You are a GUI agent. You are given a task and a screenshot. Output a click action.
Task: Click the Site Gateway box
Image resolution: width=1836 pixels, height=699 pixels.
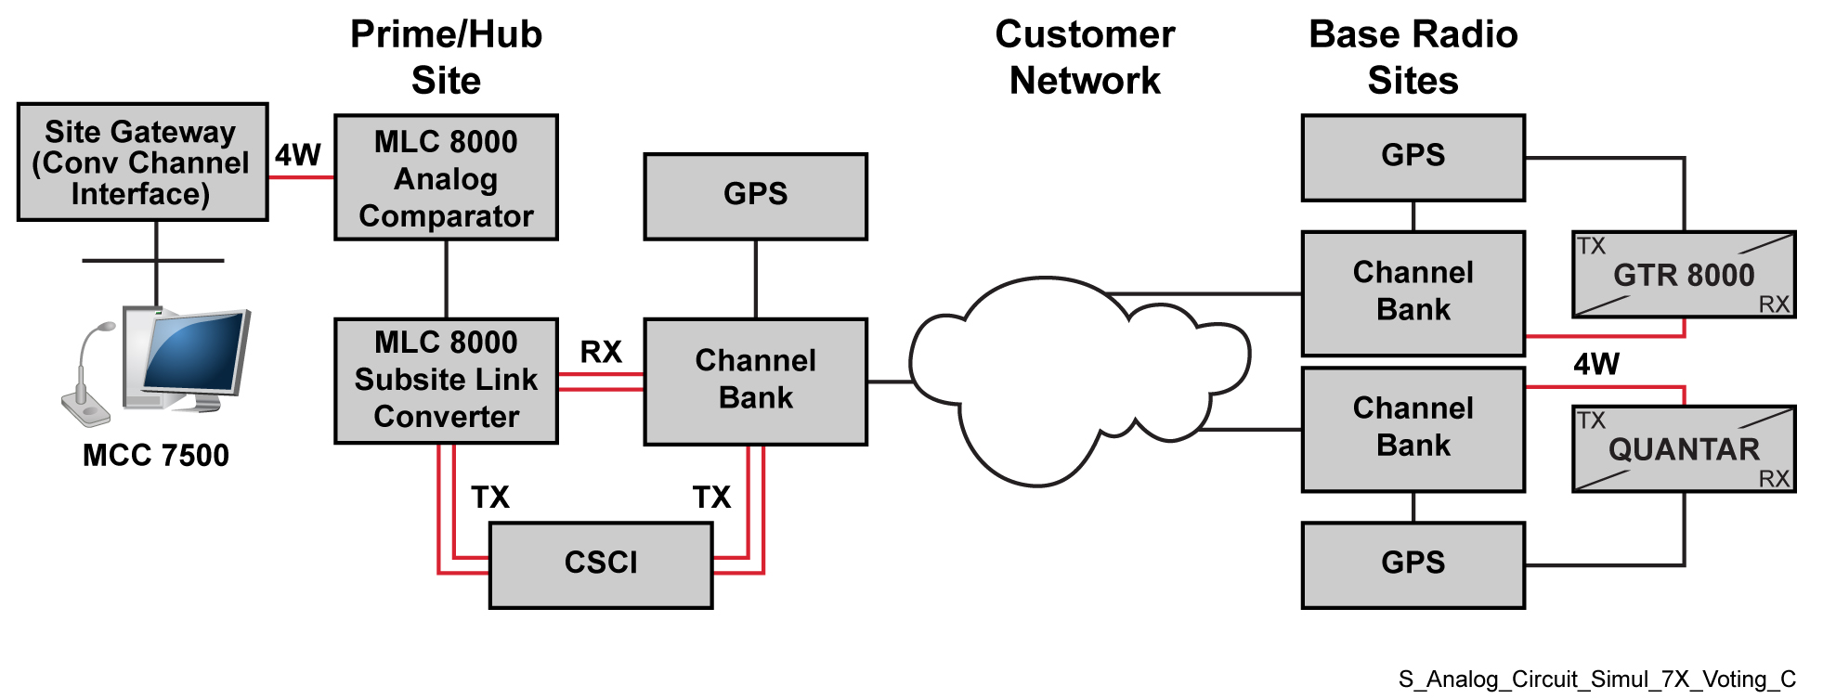point(142,162)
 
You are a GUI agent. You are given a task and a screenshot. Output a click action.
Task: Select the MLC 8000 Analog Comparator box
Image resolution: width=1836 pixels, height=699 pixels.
point(446,177)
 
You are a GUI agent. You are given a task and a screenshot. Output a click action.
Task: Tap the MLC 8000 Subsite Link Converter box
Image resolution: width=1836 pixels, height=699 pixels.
point(446,381)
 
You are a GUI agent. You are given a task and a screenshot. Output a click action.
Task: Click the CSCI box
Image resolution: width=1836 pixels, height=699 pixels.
point(601,564)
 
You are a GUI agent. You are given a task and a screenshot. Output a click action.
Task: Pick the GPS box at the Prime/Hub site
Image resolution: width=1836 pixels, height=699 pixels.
point(755,196)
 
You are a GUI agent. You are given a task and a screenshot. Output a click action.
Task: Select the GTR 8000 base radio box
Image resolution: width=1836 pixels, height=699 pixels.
point(1683,275)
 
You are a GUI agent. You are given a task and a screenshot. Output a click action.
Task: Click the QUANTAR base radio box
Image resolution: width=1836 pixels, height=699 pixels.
point(1683,449)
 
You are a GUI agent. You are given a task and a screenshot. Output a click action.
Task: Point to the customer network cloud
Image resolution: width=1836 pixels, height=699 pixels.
point(1068,381)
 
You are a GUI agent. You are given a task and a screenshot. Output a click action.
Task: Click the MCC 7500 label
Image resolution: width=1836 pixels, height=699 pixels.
point(155,456)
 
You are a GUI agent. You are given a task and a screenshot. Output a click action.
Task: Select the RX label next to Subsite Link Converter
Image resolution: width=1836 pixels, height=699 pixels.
point(601,352)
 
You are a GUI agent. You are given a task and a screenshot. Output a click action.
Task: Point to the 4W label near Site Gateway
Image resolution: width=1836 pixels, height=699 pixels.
point(297,155)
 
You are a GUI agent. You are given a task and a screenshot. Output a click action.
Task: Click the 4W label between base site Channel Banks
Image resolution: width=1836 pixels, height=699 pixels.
point(1595,364)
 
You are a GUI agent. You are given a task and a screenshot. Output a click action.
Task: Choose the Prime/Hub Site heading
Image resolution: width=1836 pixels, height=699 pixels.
point(446,58)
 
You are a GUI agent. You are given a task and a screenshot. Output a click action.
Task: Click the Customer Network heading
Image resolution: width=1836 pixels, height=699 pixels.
point(1085,58)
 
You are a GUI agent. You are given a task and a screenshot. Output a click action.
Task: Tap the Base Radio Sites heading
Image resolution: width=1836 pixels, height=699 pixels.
point(1413,58)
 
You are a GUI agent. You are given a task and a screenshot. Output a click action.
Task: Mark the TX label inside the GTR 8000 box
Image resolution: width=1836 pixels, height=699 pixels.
point(1591,246)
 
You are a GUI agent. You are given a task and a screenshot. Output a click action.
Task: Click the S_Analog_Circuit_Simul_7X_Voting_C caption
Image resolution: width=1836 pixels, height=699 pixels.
point(1596,680)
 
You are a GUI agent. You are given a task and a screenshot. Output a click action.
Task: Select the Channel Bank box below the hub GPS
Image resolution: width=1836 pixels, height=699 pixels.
point(755,381)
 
